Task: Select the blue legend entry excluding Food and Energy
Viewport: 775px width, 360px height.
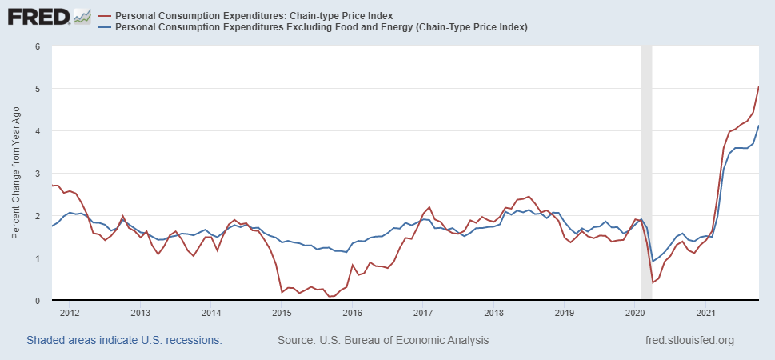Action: [x=321, y=27]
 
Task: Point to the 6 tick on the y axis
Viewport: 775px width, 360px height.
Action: [x=38, y=46]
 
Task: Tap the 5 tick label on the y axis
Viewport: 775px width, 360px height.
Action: [x=38, y=89]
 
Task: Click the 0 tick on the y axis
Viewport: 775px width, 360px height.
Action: [x=38, y=301]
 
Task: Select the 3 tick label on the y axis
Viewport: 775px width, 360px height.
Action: [x=38, y=174]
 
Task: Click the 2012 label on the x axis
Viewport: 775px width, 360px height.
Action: [x=69, y=312]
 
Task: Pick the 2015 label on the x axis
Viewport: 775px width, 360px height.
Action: [x=282, y=312]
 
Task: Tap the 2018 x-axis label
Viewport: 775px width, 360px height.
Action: [x=493, y=312]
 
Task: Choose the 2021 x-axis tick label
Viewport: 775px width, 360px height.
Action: [x=705, y=312]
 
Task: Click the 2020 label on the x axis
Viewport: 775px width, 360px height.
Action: [x=635, y=312]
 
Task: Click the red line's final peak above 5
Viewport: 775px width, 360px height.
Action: [x=758, y=86]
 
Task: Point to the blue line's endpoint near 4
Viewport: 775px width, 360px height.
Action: [x=758, y=126]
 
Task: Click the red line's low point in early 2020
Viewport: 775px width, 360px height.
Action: [x=653, y=282]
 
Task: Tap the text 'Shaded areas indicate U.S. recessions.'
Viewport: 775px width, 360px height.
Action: [x=124, y=341]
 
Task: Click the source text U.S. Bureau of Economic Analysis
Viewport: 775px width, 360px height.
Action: [x=383, y=341]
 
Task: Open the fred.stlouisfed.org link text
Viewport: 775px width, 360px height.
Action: [x=689, y=341]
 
